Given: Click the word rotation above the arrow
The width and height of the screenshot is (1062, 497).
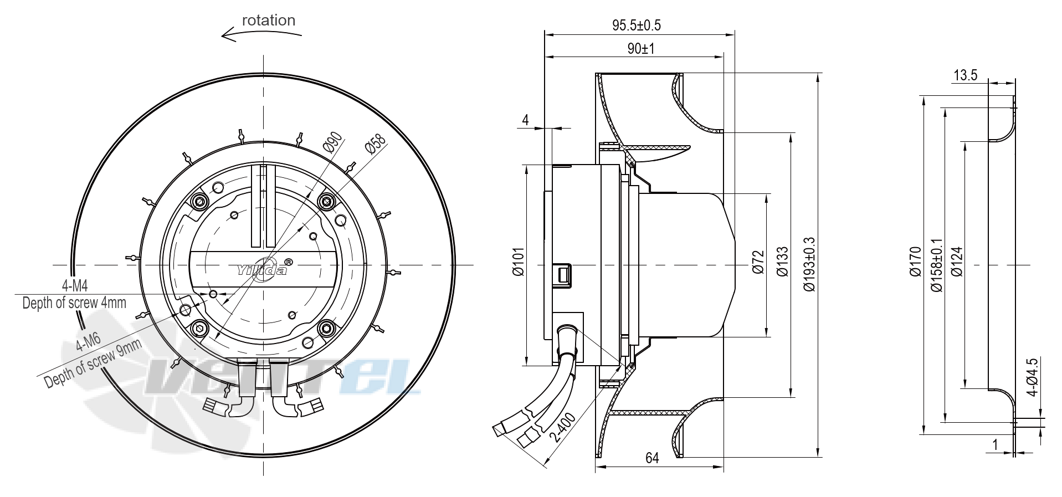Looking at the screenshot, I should point(269,21).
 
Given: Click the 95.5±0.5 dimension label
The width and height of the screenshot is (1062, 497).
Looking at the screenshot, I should point(636,25).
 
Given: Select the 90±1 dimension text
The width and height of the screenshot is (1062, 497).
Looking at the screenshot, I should point(641,49).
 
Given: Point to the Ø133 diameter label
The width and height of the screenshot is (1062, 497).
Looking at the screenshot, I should point(782,262).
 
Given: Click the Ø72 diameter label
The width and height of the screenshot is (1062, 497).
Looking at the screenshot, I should point(758,262).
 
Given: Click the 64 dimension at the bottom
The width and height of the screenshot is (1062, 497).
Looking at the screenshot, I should point(652,458).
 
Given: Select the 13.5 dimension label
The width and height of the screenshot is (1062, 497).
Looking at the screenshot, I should point(965,75).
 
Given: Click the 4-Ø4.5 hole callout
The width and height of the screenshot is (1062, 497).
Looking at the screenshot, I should point(1032,377).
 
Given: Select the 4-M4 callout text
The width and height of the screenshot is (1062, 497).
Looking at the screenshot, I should point(75,286).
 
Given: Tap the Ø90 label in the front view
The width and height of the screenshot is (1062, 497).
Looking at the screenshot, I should point(332,144).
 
